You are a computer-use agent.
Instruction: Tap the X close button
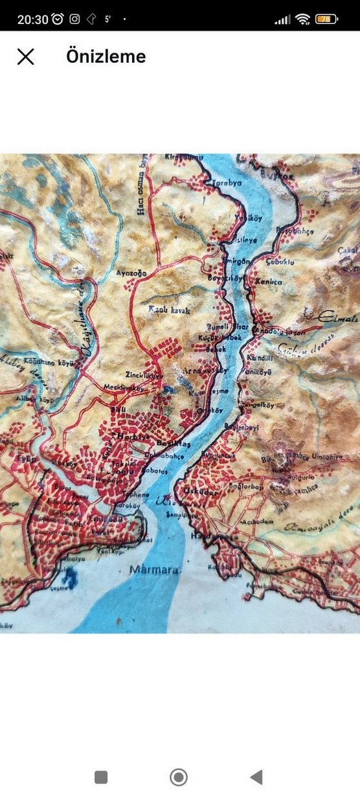(25, 57)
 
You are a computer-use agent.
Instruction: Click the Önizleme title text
(106, 57)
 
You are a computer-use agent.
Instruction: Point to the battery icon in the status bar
(326, 19)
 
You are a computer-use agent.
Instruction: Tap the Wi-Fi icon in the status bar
(302, 19)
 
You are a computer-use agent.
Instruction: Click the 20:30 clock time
(32, 19)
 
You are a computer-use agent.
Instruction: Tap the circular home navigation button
(178, 777)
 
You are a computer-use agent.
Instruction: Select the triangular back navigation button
(256, 777)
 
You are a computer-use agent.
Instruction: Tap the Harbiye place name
(129, 437)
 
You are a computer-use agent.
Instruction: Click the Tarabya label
(227, 183)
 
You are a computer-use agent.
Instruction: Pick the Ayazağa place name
(128, 273)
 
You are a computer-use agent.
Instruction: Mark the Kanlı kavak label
(169, 311)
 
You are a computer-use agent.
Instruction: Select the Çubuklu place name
(281, 262)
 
